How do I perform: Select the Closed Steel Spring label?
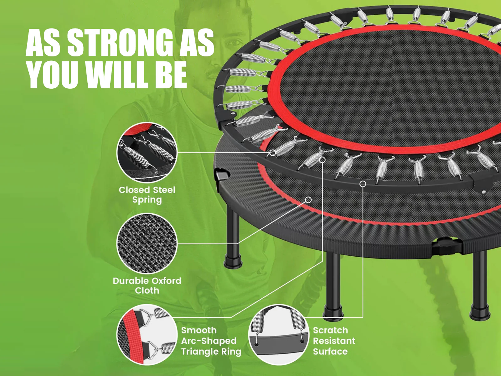147,195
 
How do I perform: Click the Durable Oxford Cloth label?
147,285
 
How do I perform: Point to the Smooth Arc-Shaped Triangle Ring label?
211,341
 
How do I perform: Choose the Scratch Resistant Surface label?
334,341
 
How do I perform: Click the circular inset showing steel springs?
147,153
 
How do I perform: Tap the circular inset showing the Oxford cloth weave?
147,243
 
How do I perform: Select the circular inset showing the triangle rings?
147,335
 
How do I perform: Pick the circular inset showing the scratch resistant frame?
279,335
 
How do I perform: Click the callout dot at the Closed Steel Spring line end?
272,153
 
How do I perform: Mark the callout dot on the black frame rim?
363,184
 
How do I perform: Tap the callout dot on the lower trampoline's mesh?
308,200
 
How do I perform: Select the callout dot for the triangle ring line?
322,160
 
